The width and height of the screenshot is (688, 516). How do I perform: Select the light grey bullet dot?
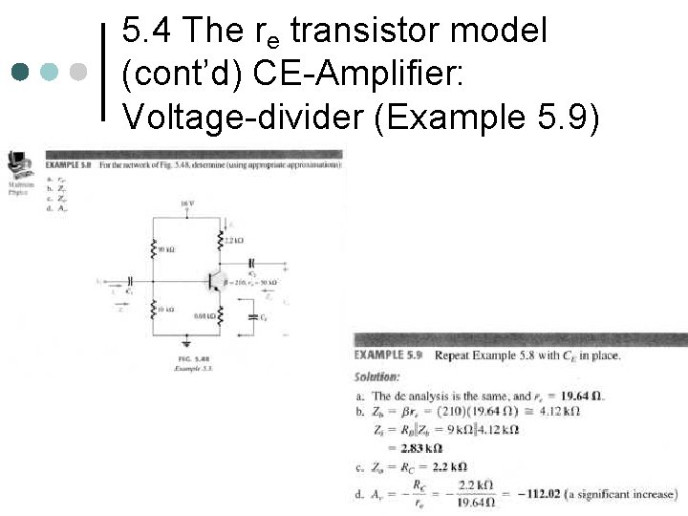click(78, 73)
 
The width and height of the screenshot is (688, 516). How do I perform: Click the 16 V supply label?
click(186, 204)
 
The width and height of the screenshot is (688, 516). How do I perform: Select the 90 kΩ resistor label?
click(165, 249)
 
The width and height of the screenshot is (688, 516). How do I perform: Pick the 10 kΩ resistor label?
click(165, 309)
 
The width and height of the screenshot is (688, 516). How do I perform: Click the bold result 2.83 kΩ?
click(420, 447)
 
